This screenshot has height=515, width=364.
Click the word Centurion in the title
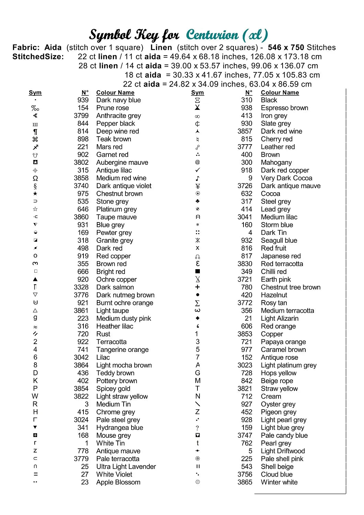[212, 35]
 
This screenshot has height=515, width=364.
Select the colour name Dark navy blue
[118, 100]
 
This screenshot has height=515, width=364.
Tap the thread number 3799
[81, 116]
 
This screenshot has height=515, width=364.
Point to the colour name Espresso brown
[284, 108]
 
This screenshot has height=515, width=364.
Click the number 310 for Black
[247, 100]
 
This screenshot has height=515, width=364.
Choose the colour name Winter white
[279, 482]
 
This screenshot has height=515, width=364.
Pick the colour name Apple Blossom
[118, 482]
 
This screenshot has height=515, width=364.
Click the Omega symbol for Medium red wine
[35, 178]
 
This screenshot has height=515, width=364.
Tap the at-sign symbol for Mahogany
[197, 162]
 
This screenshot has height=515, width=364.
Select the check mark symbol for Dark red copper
[197, 170]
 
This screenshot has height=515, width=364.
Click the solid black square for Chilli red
[197, 272]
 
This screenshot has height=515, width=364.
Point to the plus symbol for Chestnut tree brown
[197, 287]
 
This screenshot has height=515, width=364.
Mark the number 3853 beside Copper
[245, 334]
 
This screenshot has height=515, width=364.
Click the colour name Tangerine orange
[122, 350]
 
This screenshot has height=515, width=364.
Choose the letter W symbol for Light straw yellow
[35, 397]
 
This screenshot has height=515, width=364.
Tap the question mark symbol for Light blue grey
[197, 428]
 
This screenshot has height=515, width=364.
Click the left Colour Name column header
[115, 93]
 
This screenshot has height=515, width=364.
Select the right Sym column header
[197, 93]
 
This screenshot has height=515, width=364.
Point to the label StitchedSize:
[38, 57]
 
